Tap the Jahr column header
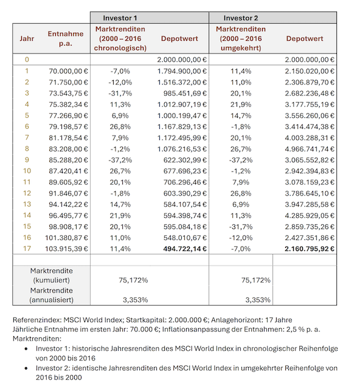27,38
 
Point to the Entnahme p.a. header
65,38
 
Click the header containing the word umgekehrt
241,38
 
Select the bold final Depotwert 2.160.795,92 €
307,249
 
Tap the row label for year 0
27,60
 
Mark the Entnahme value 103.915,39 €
66,249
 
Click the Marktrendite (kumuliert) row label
51,274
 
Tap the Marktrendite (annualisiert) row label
51,295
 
